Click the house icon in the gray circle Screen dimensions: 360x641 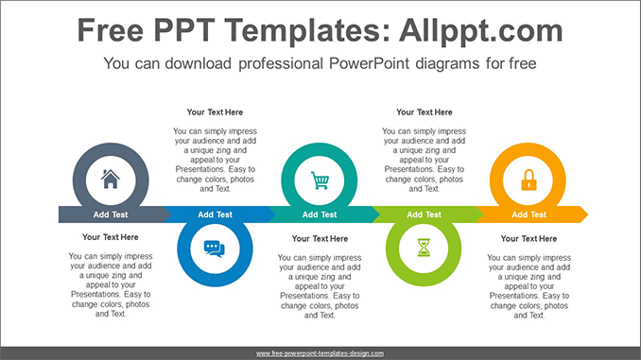point(111,179)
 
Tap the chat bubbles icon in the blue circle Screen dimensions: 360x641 point(215,249)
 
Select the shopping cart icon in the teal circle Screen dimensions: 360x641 point(320,179)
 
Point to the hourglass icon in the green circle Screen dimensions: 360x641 point(424,249)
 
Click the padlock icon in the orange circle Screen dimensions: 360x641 point(528,179)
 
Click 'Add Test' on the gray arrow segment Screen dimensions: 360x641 point(111,214)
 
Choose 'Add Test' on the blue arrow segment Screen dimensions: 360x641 point(215,214)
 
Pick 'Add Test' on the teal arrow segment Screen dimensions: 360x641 point(320,214)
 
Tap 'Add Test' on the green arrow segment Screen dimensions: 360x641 point(424,214)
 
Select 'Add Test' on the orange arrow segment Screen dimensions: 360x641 point(528,214)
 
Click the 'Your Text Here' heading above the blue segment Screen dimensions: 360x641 point(215,112)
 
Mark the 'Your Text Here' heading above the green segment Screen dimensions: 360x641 point(424,112)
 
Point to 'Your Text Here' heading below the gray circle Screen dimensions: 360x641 point(111,237)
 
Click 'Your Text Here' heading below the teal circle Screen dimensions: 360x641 point(320,239)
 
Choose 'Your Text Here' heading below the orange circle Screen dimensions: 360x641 point(528,239)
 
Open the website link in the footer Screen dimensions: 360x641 point(320,352)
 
